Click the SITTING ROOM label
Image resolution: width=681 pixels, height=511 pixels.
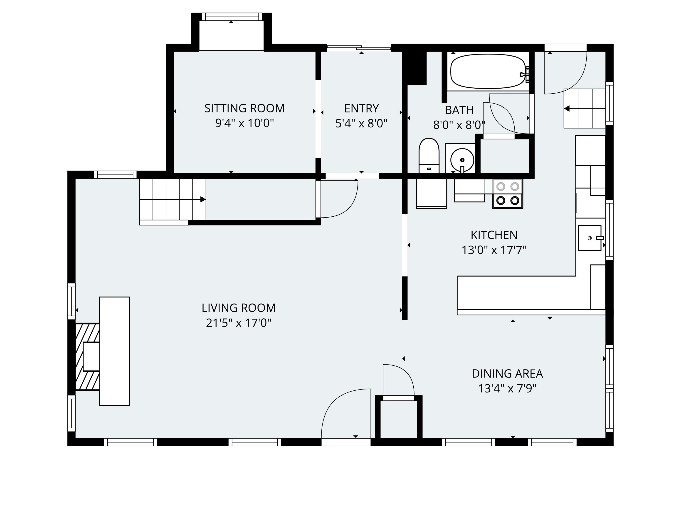pos(244,108)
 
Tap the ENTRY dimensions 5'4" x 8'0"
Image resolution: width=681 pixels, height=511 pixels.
pos(361,124)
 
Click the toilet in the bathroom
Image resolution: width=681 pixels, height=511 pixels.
pos(429,156)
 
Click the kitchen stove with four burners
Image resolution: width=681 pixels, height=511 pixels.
pos(508,194)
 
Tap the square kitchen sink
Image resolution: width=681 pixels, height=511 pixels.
pos(589,238)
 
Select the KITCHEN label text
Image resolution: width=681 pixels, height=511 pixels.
pos(494,235)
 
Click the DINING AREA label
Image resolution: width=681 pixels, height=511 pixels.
pos(507,374)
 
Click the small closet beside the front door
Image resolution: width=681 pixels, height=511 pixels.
pos(398,419)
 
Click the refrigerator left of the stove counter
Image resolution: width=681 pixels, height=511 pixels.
pos(431,193)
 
